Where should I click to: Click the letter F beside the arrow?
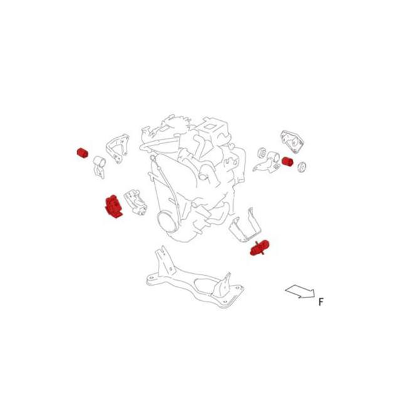[x=321, y=302]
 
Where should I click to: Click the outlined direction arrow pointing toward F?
[x=299, y=291]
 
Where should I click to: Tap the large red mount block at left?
[x=113, y=206]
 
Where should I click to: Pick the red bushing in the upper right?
[x=288, y=162]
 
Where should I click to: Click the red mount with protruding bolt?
[x=259, y=248]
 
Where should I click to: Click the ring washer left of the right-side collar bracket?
[x=262, y=152]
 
